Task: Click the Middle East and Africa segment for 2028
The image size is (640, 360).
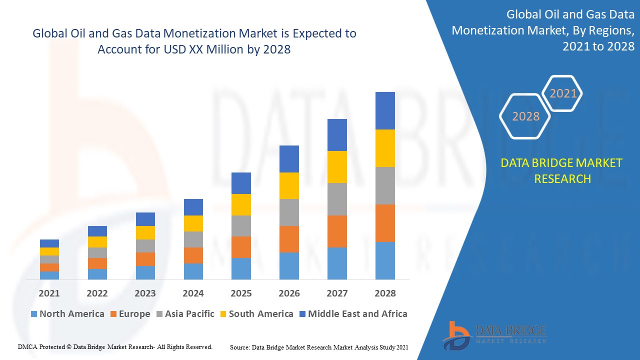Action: [385, 110]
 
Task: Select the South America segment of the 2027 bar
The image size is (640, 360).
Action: [337, 167]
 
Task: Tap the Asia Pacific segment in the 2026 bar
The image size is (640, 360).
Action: [289, 212]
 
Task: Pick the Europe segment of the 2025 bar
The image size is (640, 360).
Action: [241, 247]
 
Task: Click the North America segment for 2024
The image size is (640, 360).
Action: [193, 271]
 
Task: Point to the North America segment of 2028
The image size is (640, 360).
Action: [385, 260]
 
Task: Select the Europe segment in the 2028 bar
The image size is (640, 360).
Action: [385, 223]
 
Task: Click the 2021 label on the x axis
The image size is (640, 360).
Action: [49, 293]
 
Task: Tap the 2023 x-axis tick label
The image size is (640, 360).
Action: [145, 293]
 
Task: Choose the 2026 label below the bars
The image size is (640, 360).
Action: [289, 293]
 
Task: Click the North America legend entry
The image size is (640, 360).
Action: [67, 314]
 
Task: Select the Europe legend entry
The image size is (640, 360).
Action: [129, 314]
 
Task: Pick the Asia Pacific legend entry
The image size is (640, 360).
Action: [185, 314]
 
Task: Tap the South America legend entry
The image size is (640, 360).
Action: [255, 314]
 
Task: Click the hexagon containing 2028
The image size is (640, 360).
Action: [525, 116]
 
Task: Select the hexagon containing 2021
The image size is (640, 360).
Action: [563, 93]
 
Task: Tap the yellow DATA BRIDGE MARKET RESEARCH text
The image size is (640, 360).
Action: [562, 170]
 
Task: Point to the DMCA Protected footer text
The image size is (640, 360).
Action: [115, 346]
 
